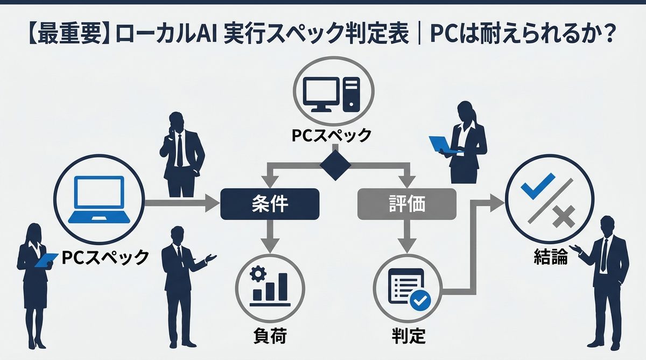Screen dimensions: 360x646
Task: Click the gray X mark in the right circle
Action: pos(562,218)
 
